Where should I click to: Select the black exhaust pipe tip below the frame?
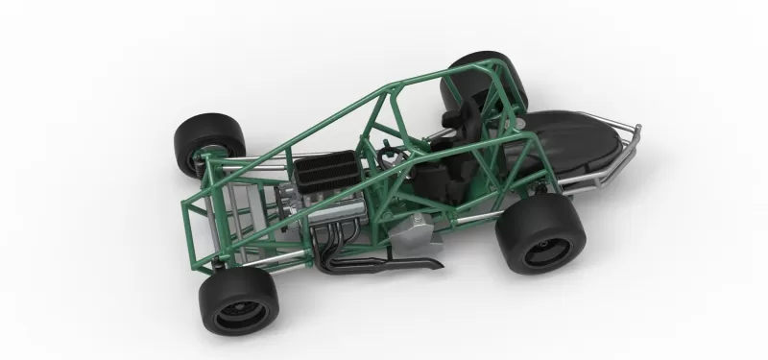(x=427, y=261)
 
